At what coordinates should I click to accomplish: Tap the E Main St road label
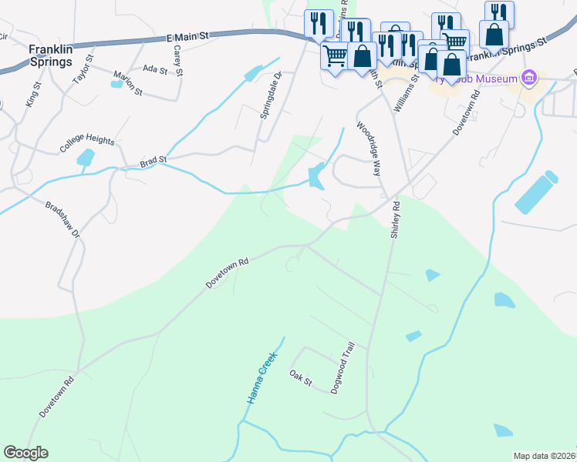[x=187, y=36]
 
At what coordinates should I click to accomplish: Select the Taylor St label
[x=82, y=69]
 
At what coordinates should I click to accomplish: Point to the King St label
[x=32, y=95]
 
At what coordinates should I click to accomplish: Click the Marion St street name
[x=128, y=83]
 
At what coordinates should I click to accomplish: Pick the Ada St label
[x=155, y=69]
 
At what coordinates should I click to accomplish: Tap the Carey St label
[x=177, y=61]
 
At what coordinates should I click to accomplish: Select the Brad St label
[x=153, y=162]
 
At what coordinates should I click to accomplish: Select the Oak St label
[x=299, y=377]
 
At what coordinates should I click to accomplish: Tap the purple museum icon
[x=528, y=77]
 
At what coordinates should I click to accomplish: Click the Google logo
[x=25, y=453]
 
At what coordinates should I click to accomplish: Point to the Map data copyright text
[x=545, y=456]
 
